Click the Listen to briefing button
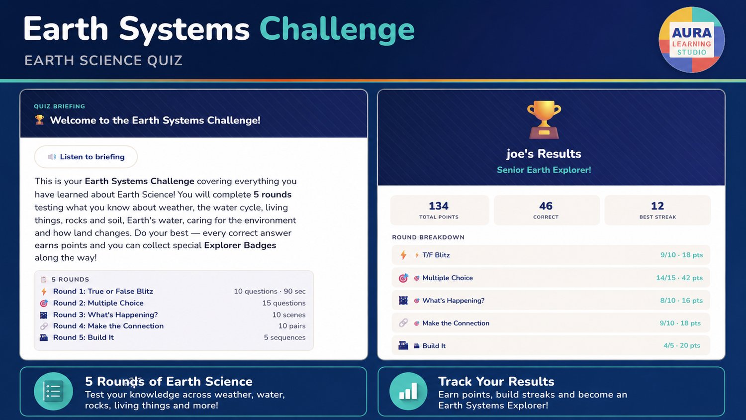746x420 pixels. pyautogui.click(x=86, y=157)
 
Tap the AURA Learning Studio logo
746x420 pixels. pyautogui.click(x=692, y=40)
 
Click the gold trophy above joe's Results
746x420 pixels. pyautogui.click(x=544, y=119)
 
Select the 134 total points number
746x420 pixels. pyautogui.click(x=439, y=206)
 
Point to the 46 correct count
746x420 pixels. pyautogui.click(x=546, y=206)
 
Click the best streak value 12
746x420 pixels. pyautogui.click(x=657, y=206)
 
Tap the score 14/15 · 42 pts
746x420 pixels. pyautogui.click(x=679, y=278)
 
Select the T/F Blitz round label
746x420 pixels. pyautogui.click(x=436, y=255)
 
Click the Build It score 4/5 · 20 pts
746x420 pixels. pyautogui.click(x=682, y=345)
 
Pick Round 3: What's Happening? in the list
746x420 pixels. pyautogui.click(x=105, y=315)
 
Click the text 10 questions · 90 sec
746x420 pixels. pyautogui.click(x=270, y=291)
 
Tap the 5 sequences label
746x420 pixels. pyautogui.click(x=285, y=337)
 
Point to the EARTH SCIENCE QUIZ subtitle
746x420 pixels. pyautogui.click(x=103, y=60)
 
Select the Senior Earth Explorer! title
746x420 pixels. pyautogui.click(x=544, y=170)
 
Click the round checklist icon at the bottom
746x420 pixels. pyautogui.click(x=53, y=391)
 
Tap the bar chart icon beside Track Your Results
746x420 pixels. pyautogui.click(x=408, y=391)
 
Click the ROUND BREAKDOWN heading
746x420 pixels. pyautogui.click(x=428, y=237)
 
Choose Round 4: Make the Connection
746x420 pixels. pyautogui.click(x=108, y=326)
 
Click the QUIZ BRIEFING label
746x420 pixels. pyautogui.click(x=59, y=106)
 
